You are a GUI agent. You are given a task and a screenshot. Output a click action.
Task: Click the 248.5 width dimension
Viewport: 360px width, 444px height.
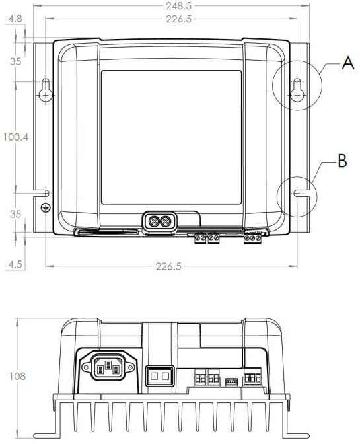[178, 6]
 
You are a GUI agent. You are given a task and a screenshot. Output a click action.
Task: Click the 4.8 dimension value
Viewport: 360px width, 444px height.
[15, 19]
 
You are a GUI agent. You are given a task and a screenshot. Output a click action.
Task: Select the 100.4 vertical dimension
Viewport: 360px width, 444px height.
[16, 137]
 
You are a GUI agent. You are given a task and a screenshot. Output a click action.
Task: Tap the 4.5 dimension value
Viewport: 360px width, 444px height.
[15, 264]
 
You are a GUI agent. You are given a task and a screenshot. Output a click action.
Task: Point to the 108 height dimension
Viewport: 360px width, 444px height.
[17, 377]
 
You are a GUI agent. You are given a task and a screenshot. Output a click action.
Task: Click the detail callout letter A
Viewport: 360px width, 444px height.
[348, 63]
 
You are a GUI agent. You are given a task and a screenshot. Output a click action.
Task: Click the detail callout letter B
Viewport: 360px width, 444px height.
[342, 161]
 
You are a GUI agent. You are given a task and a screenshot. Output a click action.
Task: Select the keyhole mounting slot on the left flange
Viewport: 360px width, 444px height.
[46, 90]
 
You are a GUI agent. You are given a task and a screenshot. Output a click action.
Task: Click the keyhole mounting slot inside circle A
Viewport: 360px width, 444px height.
[297, 90]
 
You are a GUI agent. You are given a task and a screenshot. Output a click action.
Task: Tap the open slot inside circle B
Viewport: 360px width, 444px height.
[301, 193]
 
